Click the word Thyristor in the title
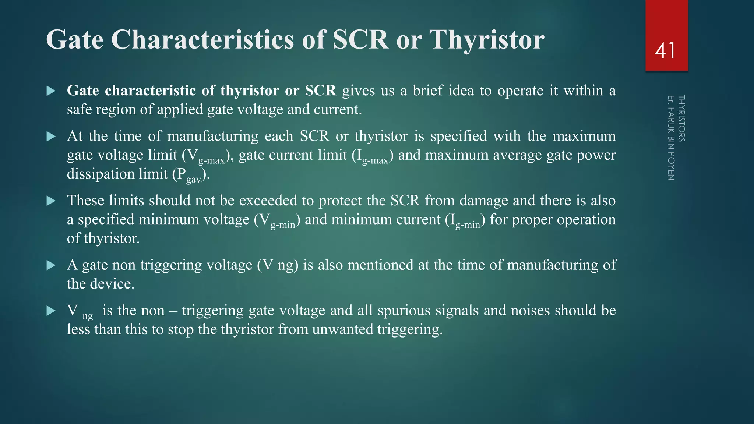pos(487,39)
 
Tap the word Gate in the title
pos(75,39)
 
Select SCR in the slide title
pos(360,39)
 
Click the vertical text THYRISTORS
pos(681,119)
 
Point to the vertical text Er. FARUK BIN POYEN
pos(671,138)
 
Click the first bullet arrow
pos(51,91)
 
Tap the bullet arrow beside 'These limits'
pos(51,201)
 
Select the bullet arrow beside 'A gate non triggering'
pos(51,265)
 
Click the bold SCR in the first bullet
pos(320,91)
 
